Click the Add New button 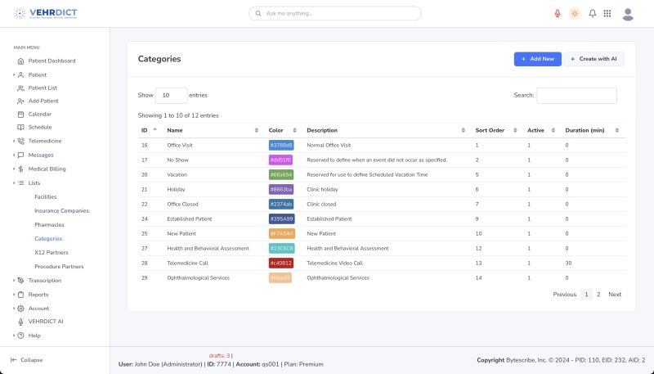[537, 59]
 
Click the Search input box [576, 96]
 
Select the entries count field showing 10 [170, 96]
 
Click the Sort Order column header [490, 130]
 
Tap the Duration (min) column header [585, 130]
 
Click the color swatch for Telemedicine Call [281, 264]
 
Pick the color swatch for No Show [280, 160]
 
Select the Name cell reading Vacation [178, 174]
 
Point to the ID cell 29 [145, 278]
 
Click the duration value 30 [567, 264]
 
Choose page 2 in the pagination [598, 295]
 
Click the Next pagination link [615, 295]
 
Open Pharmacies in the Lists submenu [49, 224]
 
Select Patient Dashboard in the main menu [52, 61]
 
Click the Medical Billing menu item [47, 169]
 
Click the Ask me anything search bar [335, 14]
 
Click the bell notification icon [592, 14]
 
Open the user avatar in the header [628, 14]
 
